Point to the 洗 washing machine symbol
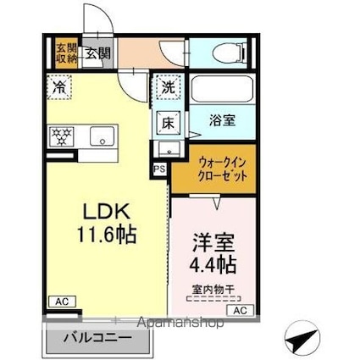tap(167, 87)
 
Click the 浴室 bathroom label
tap(223, 120)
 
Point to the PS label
tap(159, 169)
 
